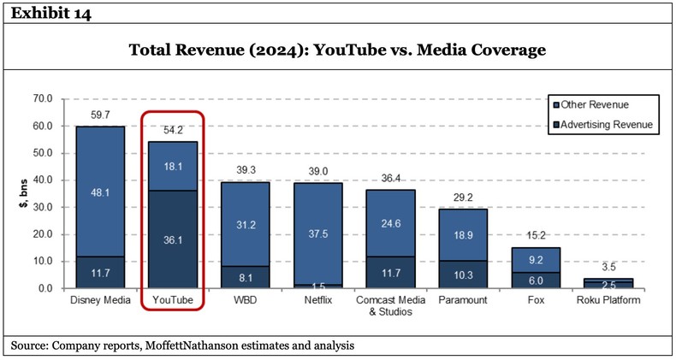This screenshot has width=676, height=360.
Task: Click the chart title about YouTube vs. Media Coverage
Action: click(x=337, y=50)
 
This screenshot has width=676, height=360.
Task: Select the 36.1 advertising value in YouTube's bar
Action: click(x=173, y=240)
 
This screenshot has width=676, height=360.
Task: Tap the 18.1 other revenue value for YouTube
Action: click(x=173, y=166)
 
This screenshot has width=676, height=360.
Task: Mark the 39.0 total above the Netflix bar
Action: click(x=318, y=171)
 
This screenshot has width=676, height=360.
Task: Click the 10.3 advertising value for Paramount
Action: click(x=463, y=274)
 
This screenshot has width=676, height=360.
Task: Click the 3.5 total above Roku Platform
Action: click(x=608, y=267)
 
